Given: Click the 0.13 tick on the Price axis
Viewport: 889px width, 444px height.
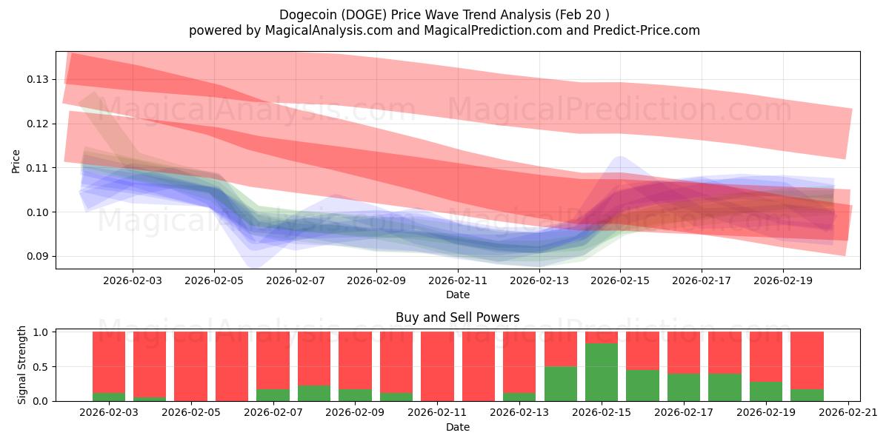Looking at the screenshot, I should (39, 79).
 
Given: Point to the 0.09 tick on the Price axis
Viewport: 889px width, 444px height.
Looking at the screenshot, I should (39, 257).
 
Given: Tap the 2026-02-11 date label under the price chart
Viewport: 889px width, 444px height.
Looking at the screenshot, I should (458, 280).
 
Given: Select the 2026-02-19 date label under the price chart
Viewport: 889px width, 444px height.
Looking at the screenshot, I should (783, 280).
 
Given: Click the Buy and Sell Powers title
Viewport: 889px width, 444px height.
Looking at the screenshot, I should (457, 317).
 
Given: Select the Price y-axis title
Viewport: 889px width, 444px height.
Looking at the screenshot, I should (16, 161).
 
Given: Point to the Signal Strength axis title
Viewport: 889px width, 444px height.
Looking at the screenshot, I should (22, 365).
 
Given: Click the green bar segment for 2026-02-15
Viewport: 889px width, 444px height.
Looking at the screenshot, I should (602, 372).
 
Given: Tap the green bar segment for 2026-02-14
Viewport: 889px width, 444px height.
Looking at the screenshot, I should (560, 383).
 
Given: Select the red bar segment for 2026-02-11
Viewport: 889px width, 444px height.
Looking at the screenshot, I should (437, 366).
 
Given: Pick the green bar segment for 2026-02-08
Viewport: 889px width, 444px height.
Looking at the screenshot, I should (314, 393).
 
